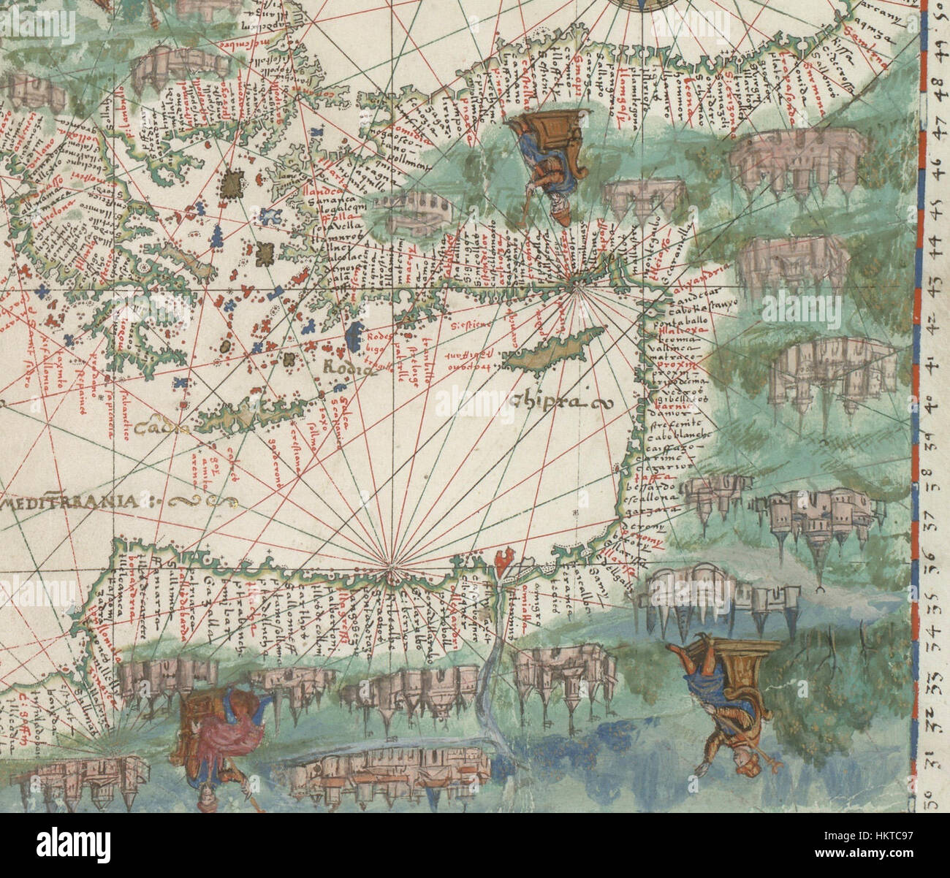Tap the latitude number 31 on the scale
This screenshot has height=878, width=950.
(x=935, y=763)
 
